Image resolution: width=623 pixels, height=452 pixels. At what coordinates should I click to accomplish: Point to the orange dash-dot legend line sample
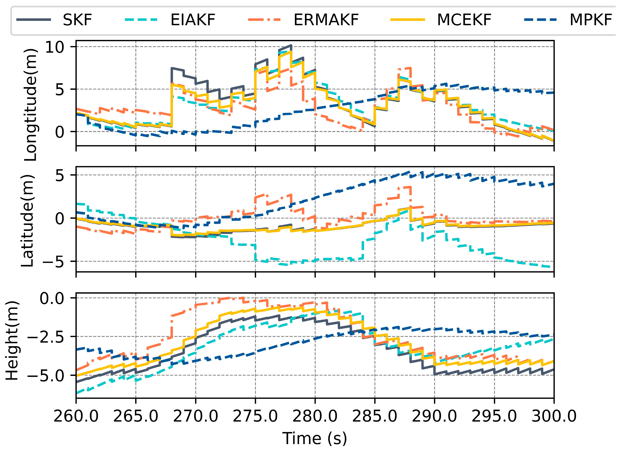click(265, 20)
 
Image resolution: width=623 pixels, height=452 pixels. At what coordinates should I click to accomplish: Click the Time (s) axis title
click(315, 438)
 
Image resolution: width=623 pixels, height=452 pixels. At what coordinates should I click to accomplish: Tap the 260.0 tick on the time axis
click(76, 416)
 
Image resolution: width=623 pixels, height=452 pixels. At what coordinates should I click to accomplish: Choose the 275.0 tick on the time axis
click(256, 416)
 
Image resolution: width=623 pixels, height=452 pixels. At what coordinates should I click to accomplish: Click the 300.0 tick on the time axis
click(554, 416)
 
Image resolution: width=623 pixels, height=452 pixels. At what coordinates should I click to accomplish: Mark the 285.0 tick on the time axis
click(375, 416)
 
